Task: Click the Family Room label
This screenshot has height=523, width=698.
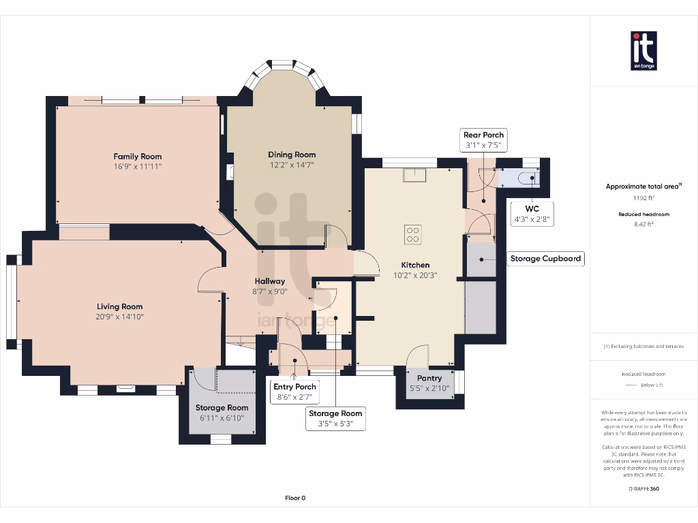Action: pyautogui.click(x=138, y=157)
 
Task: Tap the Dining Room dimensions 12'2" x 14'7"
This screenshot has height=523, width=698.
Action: pyautogui.click(x=292, y=165)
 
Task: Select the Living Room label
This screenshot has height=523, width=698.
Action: pyautogui.click(x=120, y=306)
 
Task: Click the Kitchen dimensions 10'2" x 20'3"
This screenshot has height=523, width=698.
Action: pyautogui.click(x=415, y=276)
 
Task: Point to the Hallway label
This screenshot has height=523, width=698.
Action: pyautogui.click(x=270, y=281)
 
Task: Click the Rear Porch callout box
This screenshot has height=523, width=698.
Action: pyautogui.click(x=483, y=140)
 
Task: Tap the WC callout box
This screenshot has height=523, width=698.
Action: pyautogui.click(x=532, y=214)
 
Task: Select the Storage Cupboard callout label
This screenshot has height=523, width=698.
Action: pyautogui.click(x=545, y=259)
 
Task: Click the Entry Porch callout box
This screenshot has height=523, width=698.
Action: pyautogui.click(x=294, y=392)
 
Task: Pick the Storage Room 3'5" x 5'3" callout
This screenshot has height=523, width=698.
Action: pyautogui.click(x=335, y=419)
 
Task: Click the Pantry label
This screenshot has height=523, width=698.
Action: pyautogui.click(x=429, y=378)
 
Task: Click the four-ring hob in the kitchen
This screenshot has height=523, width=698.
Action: pyautogui.click(x=412, y=234)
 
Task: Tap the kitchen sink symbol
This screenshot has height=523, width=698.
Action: pyautogui.click(x=414, y=176)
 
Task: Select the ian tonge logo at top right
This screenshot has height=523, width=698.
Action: pyautogui.click(x=643, y=51)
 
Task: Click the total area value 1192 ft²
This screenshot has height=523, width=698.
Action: pyautogui.click(x=643, y=198)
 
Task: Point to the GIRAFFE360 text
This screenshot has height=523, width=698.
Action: pyautogui.click(x=643, y=488)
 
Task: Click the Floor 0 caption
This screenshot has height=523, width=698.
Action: pyautogui.click(x=295, y=498)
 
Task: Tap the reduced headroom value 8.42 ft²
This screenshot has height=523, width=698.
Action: pyautogui.click(x=643, y=223)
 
